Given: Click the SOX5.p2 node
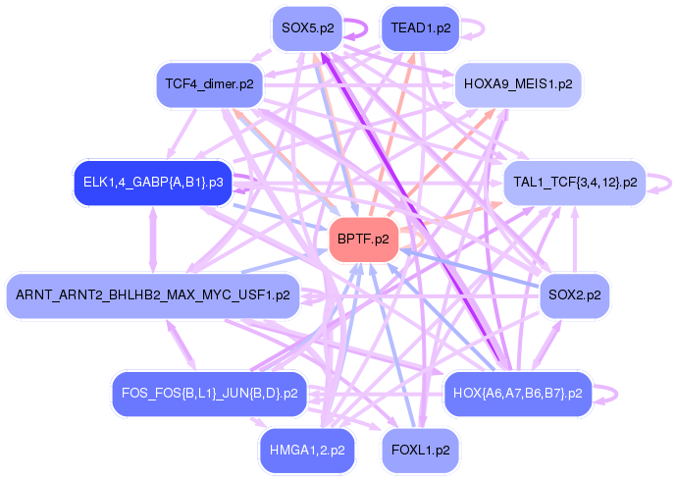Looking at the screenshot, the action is [307, 28].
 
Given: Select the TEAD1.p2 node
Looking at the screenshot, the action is [420, 28].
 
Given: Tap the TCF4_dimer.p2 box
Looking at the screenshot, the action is [210, 84].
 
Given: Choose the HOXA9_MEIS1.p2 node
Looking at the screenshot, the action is [518, 84].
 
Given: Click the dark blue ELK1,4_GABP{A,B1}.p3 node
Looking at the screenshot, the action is [153, 183].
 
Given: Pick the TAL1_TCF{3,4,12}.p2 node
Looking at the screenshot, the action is [575, 183].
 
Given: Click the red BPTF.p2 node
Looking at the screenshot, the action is [363, 240].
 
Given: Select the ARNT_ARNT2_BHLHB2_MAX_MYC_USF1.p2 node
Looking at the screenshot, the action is [153, 295].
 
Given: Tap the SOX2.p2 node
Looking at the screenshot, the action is [575, 295].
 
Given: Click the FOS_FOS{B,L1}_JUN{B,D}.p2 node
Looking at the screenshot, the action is [210, 394].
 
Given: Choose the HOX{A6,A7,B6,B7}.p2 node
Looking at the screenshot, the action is [518, 394].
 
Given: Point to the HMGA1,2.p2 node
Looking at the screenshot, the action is [307, 451].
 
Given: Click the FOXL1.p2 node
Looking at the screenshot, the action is [420, 451].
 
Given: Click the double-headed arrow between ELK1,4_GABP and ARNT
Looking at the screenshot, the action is [153, 240].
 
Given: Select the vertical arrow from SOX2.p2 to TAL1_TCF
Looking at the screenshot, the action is [575, 240].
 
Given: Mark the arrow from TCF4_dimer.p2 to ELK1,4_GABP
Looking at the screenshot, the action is [182, 133].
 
